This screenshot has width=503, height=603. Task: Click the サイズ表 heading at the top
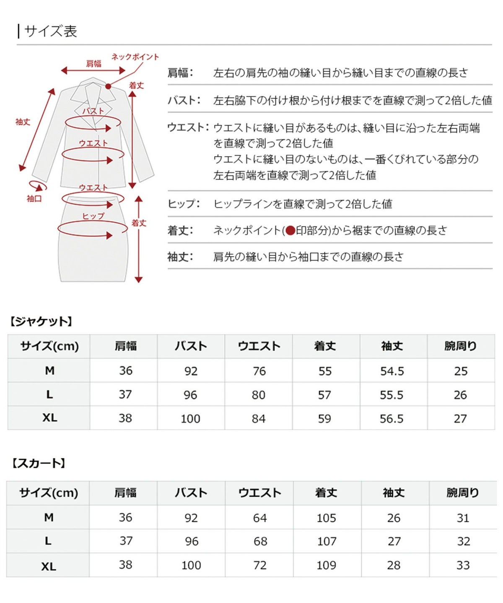coord(50,31)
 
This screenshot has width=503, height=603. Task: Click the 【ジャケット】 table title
coord(41,322)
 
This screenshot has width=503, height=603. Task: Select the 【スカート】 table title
coord(38,463)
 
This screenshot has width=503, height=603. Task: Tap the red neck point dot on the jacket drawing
coord(108,86)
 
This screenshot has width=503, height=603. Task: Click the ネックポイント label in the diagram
coord(135,57)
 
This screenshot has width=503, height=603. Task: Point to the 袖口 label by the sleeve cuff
coord(34,198)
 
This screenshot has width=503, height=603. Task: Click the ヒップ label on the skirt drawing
coord(93,216)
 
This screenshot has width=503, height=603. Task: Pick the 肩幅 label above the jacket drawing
coord(94,64)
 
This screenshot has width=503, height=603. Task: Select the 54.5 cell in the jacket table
coord(392,371)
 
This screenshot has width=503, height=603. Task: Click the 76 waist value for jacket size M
coord(259,371)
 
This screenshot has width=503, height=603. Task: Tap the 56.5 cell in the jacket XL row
coord(392,418)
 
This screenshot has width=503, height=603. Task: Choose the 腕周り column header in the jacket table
coord(461,346)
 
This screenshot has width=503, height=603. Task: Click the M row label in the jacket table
coord(49,371)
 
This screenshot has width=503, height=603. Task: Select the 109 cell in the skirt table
coord(327,565)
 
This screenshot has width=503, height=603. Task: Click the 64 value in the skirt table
coord(260,518)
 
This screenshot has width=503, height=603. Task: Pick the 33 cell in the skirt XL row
coord(463,565)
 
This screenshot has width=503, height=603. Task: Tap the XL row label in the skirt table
coord(49,566)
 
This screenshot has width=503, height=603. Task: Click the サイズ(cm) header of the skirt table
coord(49,493)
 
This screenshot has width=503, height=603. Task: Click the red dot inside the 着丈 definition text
coord(290,231)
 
